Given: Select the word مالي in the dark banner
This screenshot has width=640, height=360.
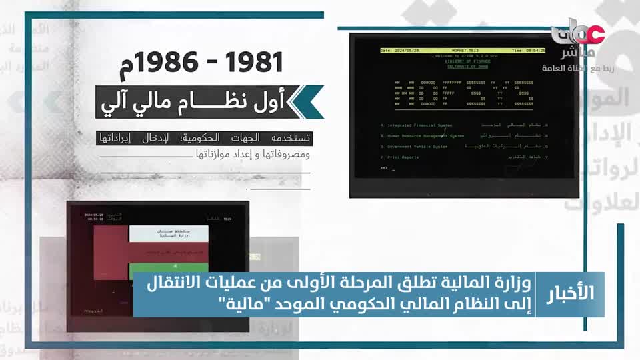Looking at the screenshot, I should (x=165, y=101).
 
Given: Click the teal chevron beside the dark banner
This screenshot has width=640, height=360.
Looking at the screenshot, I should (x=309, y=101).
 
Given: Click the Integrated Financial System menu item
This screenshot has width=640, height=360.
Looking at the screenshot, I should (x=417, y=125).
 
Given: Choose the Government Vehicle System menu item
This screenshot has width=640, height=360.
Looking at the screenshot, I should (x=415, y=146).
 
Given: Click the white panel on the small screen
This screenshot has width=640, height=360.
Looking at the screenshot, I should (x=168, y=234).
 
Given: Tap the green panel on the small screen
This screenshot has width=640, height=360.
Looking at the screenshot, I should (x=168, y=254).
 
